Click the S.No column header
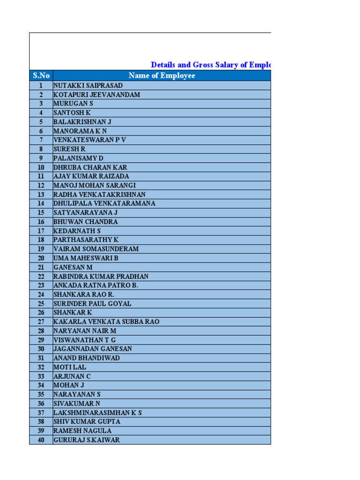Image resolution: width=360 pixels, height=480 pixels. coord(41,75)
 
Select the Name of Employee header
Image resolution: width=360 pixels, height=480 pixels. coord(162,75)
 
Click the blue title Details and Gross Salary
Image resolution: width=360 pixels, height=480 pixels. coord(210,65)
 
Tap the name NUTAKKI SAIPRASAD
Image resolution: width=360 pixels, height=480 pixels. coord(88,85)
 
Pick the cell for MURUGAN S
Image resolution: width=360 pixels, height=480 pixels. coord(73,104)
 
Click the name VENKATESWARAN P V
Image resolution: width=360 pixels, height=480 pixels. coord(90,140)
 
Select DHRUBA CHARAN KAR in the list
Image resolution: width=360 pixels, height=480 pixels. coord(90,167)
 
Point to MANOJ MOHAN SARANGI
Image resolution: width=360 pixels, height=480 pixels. coord(95,186)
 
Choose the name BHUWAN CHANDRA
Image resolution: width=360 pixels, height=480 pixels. coord(85,222)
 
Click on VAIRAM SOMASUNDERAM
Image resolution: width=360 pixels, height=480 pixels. coord(96,249)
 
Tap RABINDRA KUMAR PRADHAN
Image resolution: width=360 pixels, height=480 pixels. coord(101,276)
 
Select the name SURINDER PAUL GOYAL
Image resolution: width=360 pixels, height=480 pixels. coord(92,303)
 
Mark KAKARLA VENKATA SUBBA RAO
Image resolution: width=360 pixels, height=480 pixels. coord(106,322)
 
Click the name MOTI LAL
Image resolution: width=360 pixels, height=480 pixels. coord(70,367)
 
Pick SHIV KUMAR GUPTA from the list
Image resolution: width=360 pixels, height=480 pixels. coord(87,421)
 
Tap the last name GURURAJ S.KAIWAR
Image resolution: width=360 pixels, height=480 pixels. coord(87,440)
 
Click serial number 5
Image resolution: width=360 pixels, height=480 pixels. coord(41,122)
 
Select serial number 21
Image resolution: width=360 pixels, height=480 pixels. coord(41,267)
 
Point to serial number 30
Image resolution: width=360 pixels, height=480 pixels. coord(41,349)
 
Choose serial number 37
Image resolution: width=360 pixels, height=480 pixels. coord(41,412)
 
